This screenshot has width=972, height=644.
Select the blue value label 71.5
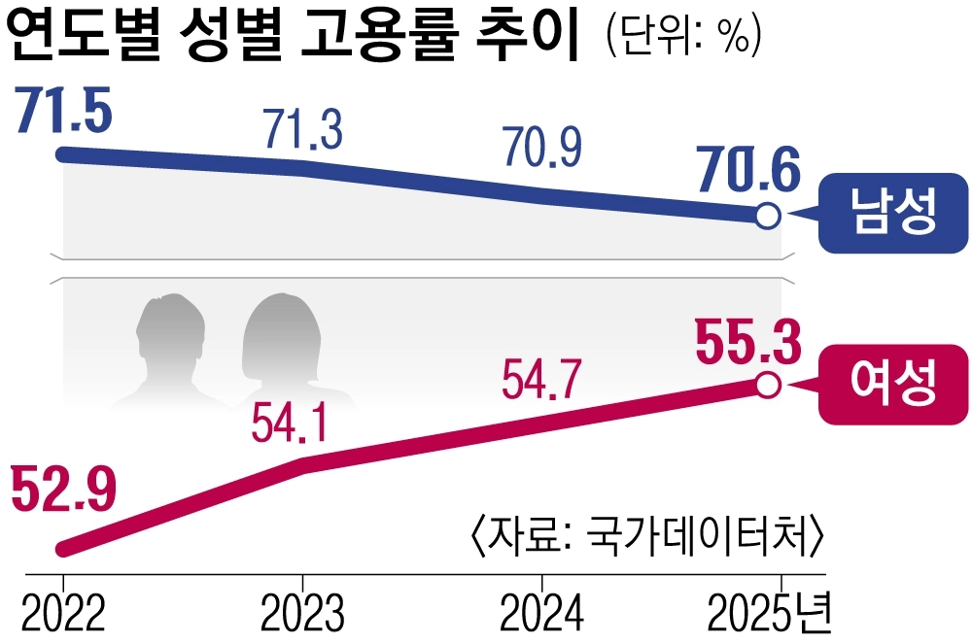click(64, 110)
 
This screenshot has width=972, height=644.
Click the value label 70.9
click(541, 148)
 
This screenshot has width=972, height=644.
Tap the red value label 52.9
click(63, 491)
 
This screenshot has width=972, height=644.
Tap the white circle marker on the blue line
click(767, 216)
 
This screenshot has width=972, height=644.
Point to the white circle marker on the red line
click(767, 386)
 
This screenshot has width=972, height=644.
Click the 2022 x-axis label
click(63, 613)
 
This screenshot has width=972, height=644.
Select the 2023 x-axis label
click(302, 613)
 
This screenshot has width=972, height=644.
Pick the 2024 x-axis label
click(541, 613)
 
